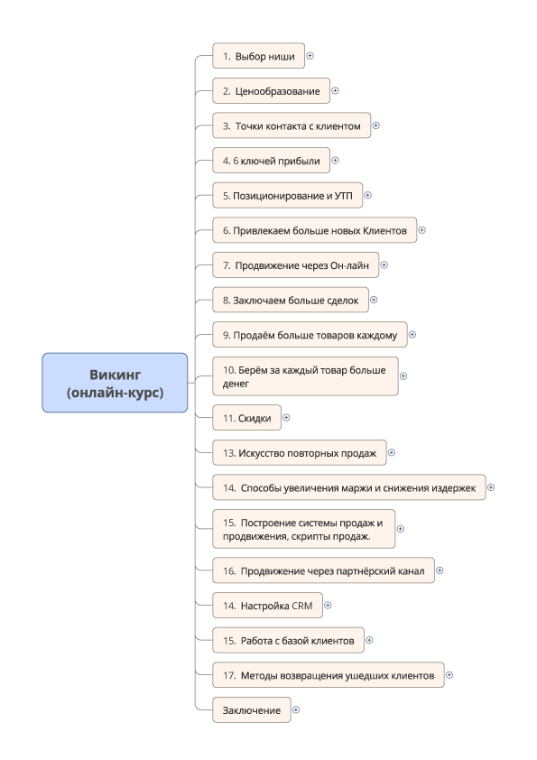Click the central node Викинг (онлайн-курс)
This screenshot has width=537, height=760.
click(x=115, y=383)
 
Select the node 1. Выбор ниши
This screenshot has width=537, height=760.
click(x=258, y=56)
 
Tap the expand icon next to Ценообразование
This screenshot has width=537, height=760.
click(x=335, y=90)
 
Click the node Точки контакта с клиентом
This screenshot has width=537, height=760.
click(x=292, y=125)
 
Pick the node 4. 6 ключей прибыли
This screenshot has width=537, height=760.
click(x=271, y=161)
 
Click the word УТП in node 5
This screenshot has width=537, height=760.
click(x=344, y=196)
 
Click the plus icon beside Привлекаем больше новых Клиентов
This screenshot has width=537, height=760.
click(x=421, y=230)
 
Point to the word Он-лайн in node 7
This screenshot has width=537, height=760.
click(x=349, y=265)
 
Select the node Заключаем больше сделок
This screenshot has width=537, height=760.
click(x=291, y=300)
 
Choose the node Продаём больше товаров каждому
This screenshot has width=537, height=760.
click(x=310, y=335)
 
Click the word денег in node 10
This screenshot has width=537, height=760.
click(x=236, y=384)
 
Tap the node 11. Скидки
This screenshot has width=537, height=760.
click(x=246, y=418)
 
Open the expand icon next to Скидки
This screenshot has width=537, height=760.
click(x=286, y=418)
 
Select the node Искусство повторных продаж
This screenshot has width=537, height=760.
click(x=299, y=453)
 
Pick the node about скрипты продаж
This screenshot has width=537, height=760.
click(x=303, y=529)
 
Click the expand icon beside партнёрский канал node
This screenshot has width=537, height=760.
click(x=440, y=570)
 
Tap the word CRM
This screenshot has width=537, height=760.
click(x=302, y=606)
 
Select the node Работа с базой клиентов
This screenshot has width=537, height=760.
click(x=288, y=640)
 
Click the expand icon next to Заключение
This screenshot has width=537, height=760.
click(x=296, y=709)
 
